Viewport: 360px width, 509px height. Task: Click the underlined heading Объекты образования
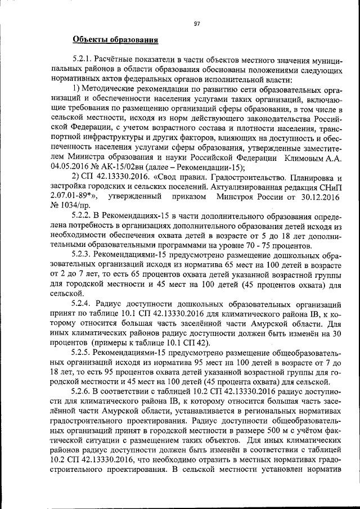point(115,39)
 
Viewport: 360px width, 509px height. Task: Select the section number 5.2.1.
point(83,58)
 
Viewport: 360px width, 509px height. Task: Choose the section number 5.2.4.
point(83,303)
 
